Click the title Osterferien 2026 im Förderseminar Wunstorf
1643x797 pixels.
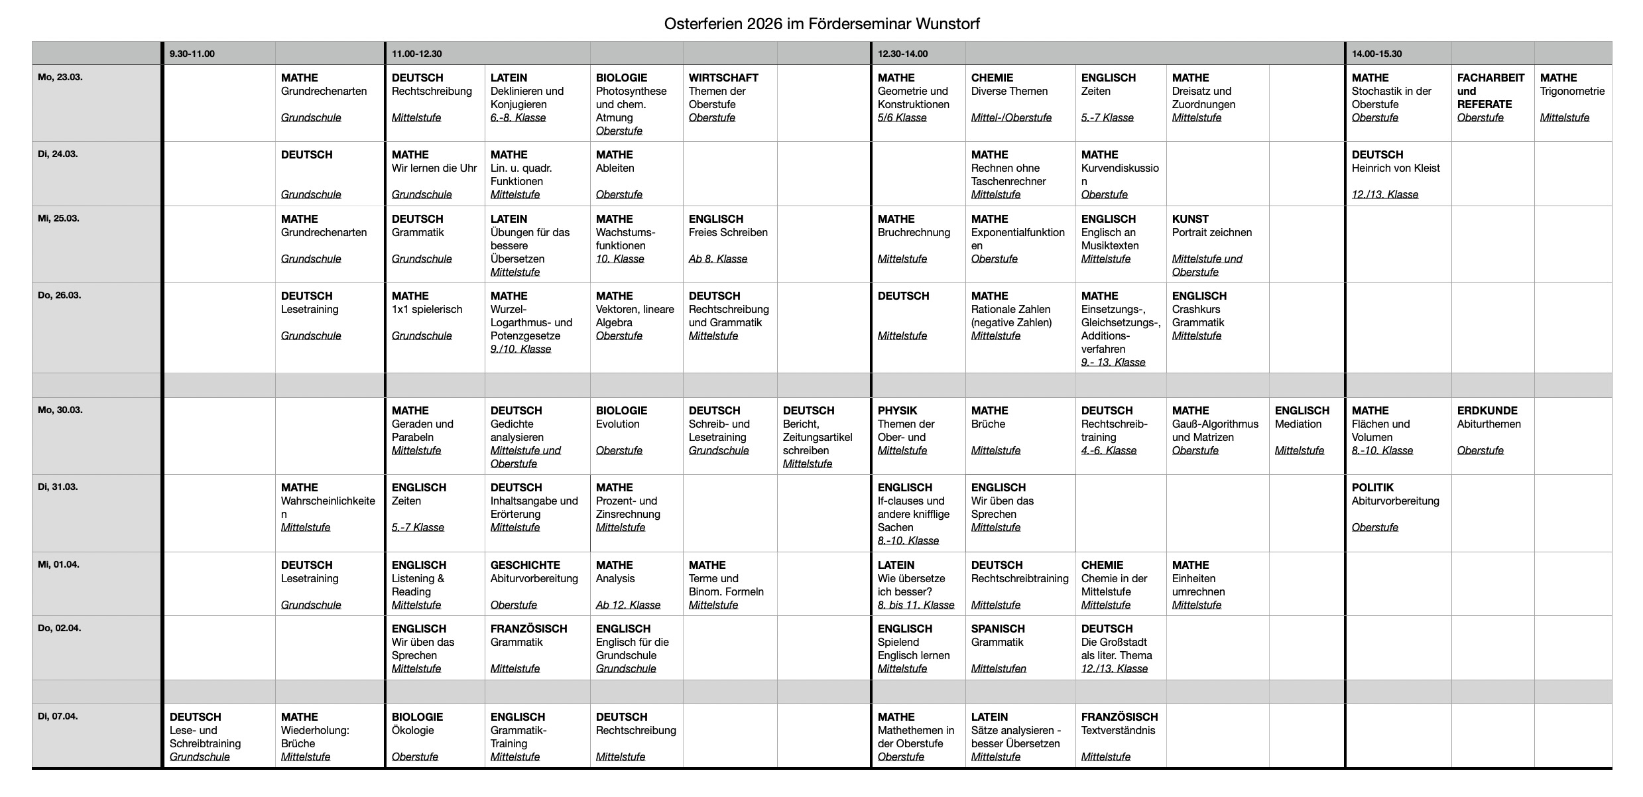tap(821, 25)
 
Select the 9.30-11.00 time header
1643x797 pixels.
tap(192, 54)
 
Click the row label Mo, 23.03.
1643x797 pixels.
tap(60, 78)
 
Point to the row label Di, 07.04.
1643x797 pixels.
tap(58, 717)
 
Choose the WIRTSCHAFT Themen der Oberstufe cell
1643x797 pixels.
tap(729, 97)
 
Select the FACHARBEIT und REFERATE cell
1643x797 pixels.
tap(1491, 97)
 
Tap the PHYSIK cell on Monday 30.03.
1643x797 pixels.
tap(917, 430)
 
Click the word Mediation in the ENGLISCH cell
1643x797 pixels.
tap(1298, 424)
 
